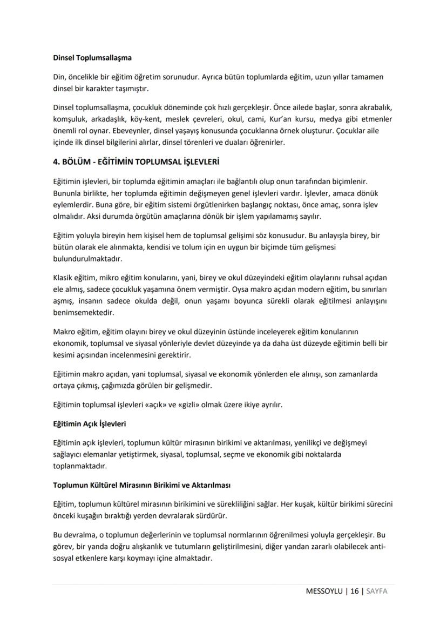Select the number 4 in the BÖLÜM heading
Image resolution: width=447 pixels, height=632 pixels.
[x=55, y=162]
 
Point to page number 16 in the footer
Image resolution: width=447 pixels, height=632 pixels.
[x=354, y=591]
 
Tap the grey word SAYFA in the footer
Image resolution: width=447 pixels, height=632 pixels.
[x=376, y=591]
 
